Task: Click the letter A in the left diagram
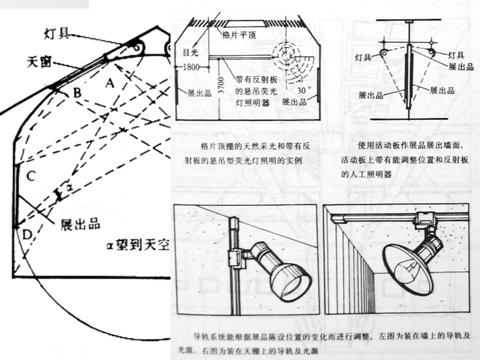click(110, 83)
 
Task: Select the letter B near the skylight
click(76, 93)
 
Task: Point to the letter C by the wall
click(31, 175)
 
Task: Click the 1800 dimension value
click(191, 67)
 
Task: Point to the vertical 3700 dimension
click(222, 88)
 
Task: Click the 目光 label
click(188, 51)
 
